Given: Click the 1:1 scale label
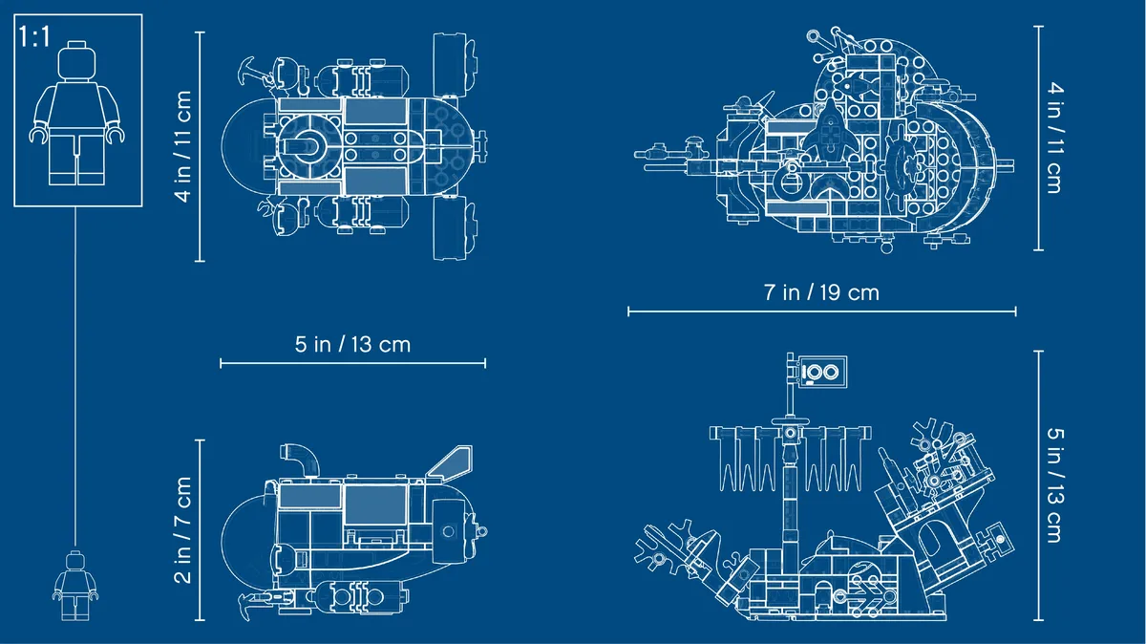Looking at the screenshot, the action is tap(33, 37).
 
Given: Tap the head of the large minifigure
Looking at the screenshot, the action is tap(76, 60).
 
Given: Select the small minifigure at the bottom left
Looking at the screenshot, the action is tap(75, 586).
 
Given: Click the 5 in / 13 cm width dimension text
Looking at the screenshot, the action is tap(352, 345).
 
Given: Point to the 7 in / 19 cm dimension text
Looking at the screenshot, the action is tap(821, 292).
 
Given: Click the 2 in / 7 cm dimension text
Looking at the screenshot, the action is tap(182, 530).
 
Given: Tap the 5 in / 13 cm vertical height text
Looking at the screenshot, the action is tap(1055, 484).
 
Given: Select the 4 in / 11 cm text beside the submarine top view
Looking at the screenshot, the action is tap(182, 146).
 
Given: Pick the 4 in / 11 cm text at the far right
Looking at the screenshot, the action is tap(1055, 138).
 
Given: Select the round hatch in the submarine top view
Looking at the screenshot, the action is tap(309, 147).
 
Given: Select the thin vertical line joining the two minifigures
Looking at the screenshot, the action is tap(75, 376).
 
